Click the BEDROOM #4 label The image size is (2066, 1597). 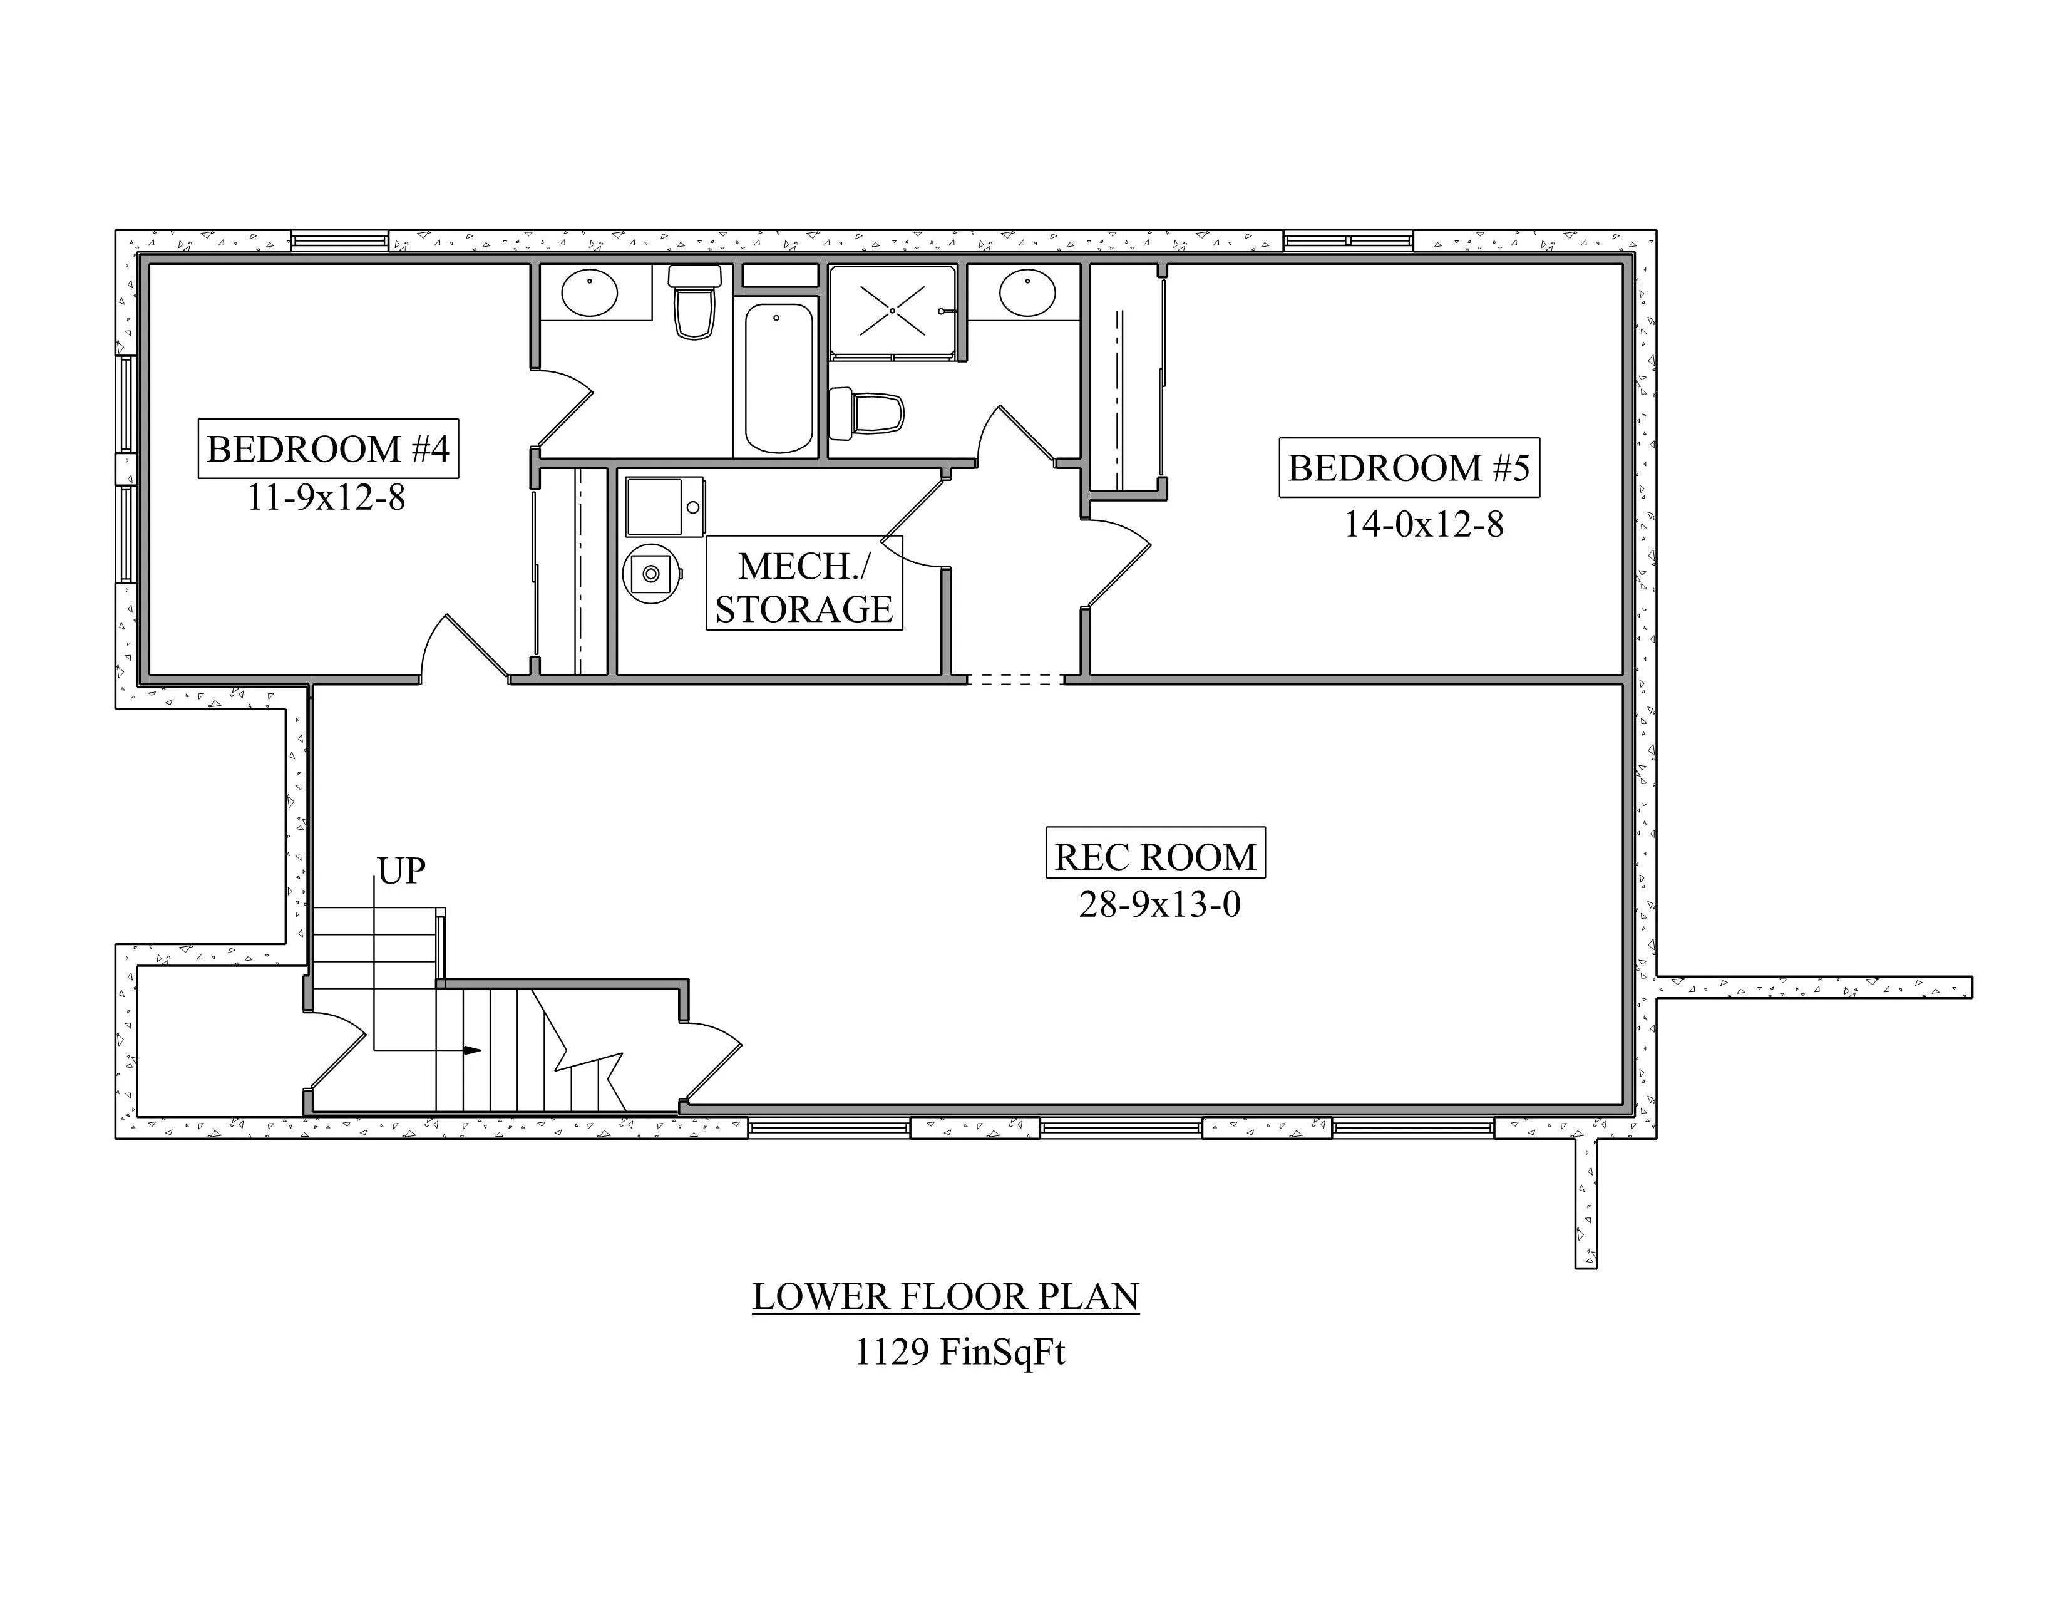[x=328, y=448]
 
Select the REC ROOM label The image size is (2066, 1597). [x=1155, y=856]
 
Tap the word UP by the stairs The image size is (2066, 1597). [x=401, y=871]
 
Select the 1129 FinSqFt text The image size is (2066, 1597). [x=960, y=1352]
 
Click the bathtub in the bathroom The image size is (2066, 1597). [x=778, y=378]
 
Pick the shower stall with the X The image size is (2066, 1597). [x=893, y=310]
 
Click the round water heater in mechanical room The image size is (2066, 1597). [x=652, y=573]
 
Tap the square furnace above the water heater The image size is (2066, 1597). [x=664, y=506]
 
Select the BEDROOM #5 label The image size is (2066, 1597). [x=1409, y=467]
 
